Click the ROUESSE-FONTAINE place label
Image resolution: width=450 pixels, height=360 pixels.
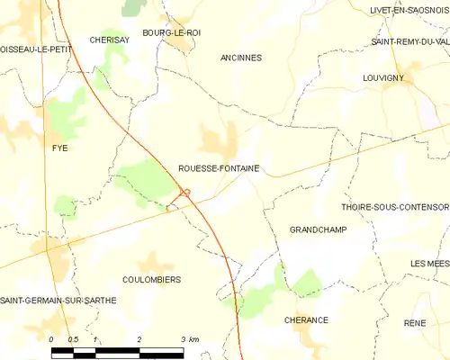pos(219,167)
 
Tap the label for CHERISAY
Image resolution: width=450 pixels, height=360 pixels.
pos(112,40)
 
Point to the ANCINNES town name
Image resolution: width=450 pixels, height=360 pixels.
pos(241,58)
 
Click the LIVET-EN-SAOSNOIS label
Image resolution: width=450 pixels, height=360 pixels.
pos(409,10)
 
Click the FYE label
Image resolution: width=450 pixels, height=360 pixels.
pos(60,148)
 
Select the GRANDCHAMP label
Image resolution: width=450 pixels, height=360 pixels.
pos(318,230)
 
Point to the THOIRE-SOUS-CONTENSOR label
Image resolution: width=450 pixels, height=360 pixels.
pos(395,206)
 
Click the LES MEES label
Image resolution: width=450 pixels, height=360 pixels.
pos(429,263)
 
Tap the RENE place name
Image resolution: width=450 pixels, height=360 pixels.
pos(415,322)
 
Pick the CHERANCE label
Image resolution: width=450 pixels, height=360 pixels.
pos(306,320)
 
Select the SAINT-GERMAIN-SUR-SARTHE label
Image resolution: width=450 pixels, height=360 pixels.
pos(58,301)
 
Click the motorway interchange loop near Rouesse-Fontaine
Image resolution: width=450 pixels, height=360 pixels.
pos(186,192)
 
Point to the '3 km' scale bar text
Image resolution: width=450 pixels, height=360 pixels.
pos(189,339)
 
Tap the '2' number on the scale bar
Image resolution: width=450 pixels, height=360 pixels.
pos(139,339)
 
